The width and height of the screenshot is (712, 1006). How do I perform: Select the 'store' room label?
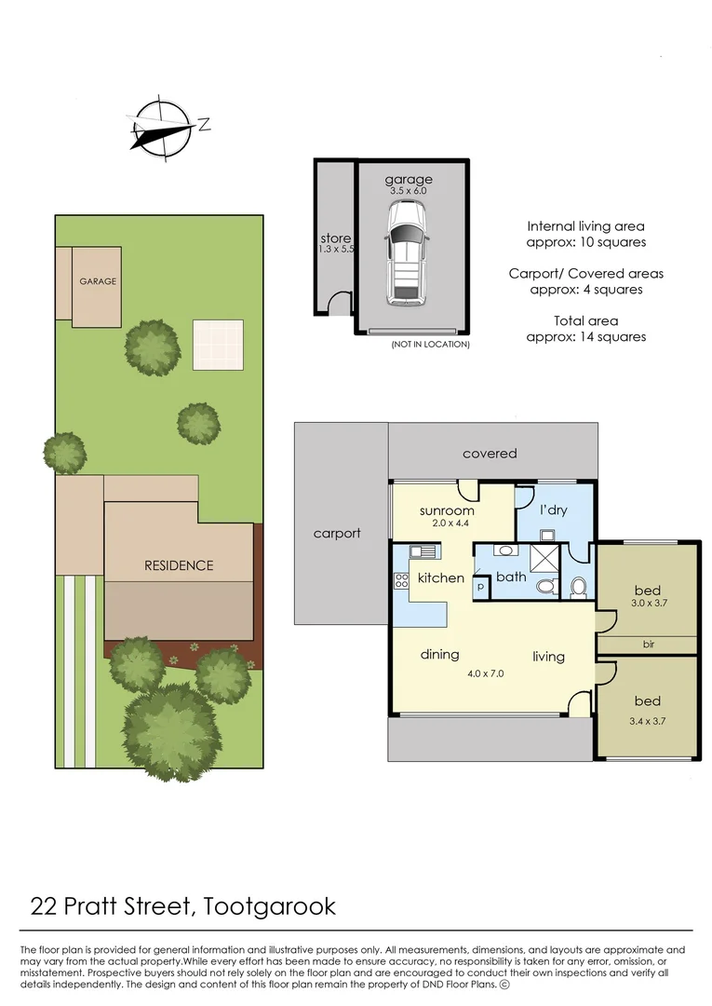tap(335, 238)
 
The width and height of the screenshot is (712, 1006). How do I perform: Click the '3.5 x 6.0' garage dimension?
tap(410, 190)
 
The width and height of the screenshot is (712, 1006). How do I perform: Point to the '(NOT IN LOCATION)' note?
tap(430, 344)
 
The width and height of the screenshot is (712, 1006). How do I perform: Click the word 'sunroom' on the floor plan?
tap(447, 510)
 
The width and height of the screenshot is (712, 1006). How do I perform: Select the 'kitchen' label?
tap(440, 578)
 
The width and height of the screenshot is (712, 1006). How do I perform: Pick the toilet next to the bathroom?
tap(577, 587)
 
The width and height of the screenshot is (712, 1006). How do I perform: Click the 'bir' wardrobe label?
tap(647, 644)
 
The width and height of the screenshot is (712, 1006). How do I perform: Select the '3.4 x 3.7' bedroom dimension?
tap(648, 720)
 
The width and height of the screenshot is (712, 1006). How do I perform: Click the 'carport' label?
tap(337, 533)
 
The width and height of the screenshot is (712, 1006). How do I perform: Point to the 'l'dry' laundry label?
tap(553, 510)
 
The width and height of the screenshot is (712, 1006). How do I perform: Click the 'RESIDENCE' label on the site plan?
tap(178, 565)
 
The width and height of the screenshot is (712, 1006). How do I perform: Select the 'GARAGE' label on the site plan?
tap(97, 280)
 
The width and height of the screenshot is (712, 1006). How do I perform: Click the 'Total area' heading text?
tap(585, 320)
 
